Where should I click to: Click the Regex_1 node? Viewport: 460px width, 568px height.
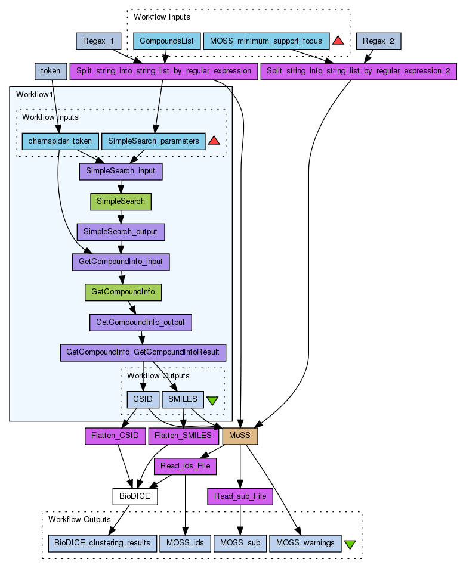tap(99, 41)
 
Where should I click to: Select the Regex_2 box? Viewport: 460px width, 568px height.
tap(378, 41)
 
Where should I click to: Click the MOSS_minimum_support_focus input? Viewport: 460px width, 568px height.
tap(266, 41)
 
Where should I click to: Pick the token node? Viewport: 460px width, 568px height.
tap(51, 71)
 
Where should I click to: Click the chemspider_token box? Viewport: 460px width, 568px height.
tap(60, 141)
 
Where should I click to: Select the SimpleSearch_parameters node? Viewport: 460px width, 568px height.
tap(153, 141)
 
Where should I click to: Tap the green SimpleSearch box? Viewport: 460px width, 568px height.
tap(121, 201)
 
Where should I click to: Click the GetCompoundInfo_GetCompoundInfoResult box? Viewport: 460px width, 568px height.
tap(143, 352)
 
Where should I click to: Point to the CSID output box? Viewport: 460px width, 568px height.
tap(143, 399)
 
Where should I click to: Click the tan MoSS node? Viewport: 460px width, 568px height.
tap(240, 436)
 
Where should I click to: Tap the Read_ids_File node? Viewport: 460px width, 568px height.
tap(185, 466)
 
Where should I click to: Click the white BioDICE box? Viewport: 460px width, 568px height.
tap(135, 496)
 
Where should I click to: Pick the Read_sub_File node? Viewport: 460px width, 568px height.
tap(240, 496)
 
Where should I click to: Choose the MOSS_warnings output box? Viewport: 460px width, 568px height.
tap(305, 543)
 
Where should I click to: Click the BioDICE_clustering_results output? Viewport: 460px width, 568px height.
tap(102, 543)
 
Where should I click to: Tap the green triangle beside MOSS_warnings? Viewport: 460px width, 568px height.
tap(350, 544)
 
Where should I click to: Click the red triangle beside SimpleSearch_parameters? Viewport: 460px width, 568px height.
tap(214, 141)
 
